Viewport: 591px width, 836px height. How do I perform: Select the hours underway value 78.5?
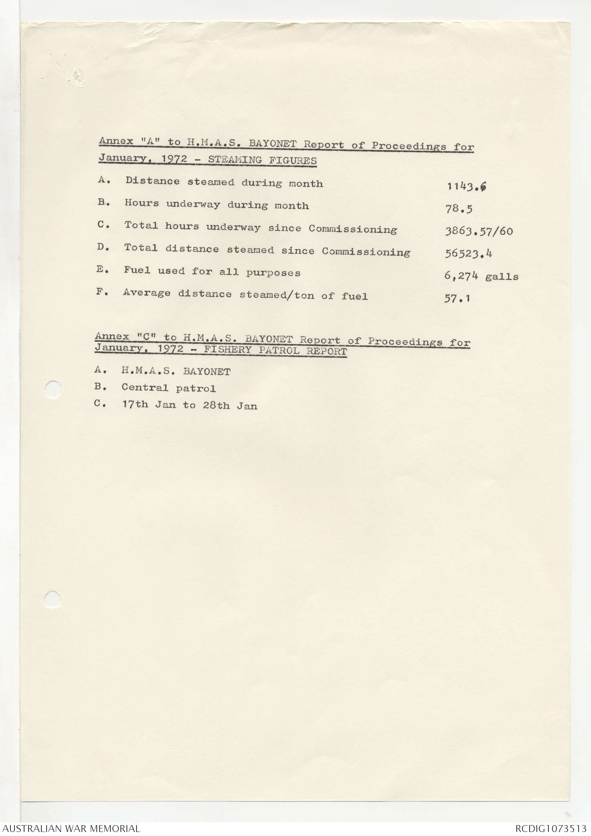pos(459,209)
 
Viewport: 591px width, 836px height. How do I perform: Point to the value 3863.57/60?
pos(479,231)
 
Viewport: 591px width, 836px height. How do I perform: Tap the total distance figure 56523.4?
pos(469,253)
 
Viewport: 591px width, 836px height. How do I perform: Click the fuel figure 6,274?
pos(461,276)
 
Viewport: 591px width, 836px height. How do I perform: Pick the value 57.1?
pos(457,298)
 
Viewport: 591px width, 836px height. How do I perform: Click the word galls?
pos(501,277)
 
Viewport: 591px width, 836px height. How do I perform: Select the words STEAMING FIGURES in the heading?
pos(262,160)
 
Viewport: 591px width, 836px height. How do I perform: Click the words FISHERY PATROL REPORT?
pos(275,351)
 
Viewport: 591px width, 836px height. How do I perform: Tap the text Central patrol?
pos(169,388)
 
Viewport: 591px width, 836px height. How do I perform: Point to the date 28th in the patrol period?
pos(216,406)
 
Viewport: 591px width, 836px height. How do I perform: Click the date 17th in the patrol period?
pos(135,405)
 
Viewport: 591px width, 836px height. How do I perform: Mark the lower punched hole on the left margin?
pos(53,599)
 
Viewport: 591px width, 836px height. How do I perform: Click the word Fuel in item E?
pos(137,271)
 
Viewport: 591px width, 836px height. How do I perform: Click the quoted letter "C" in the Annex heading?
pos(147,337)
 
